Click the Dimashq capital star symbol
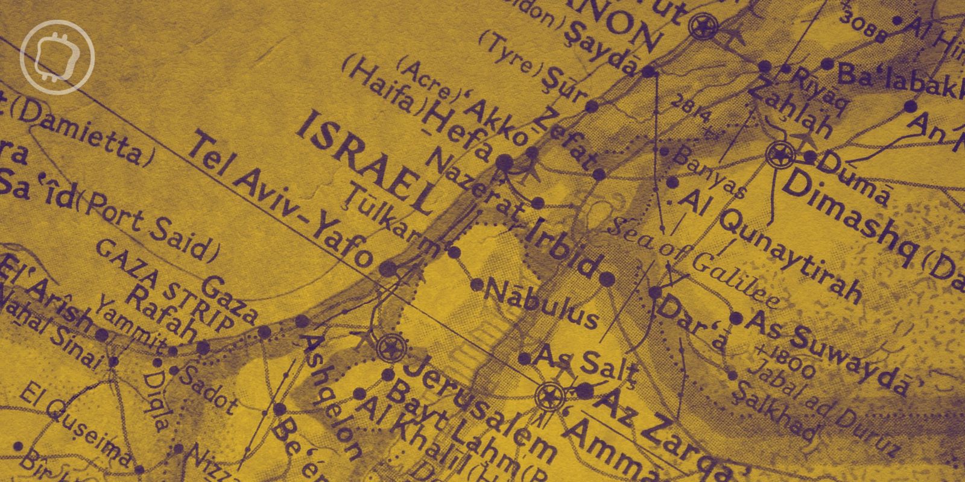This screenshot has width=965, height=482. coord(780,155)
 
